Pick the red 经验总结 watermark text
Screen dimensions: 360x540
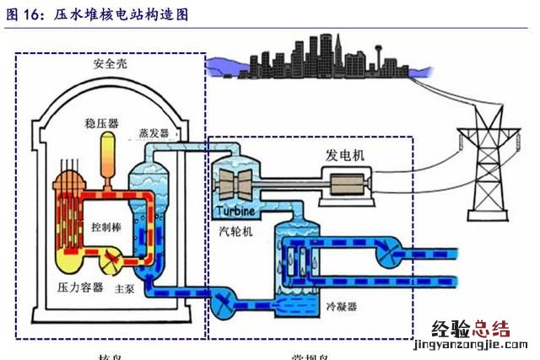(x=472, y=330)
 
